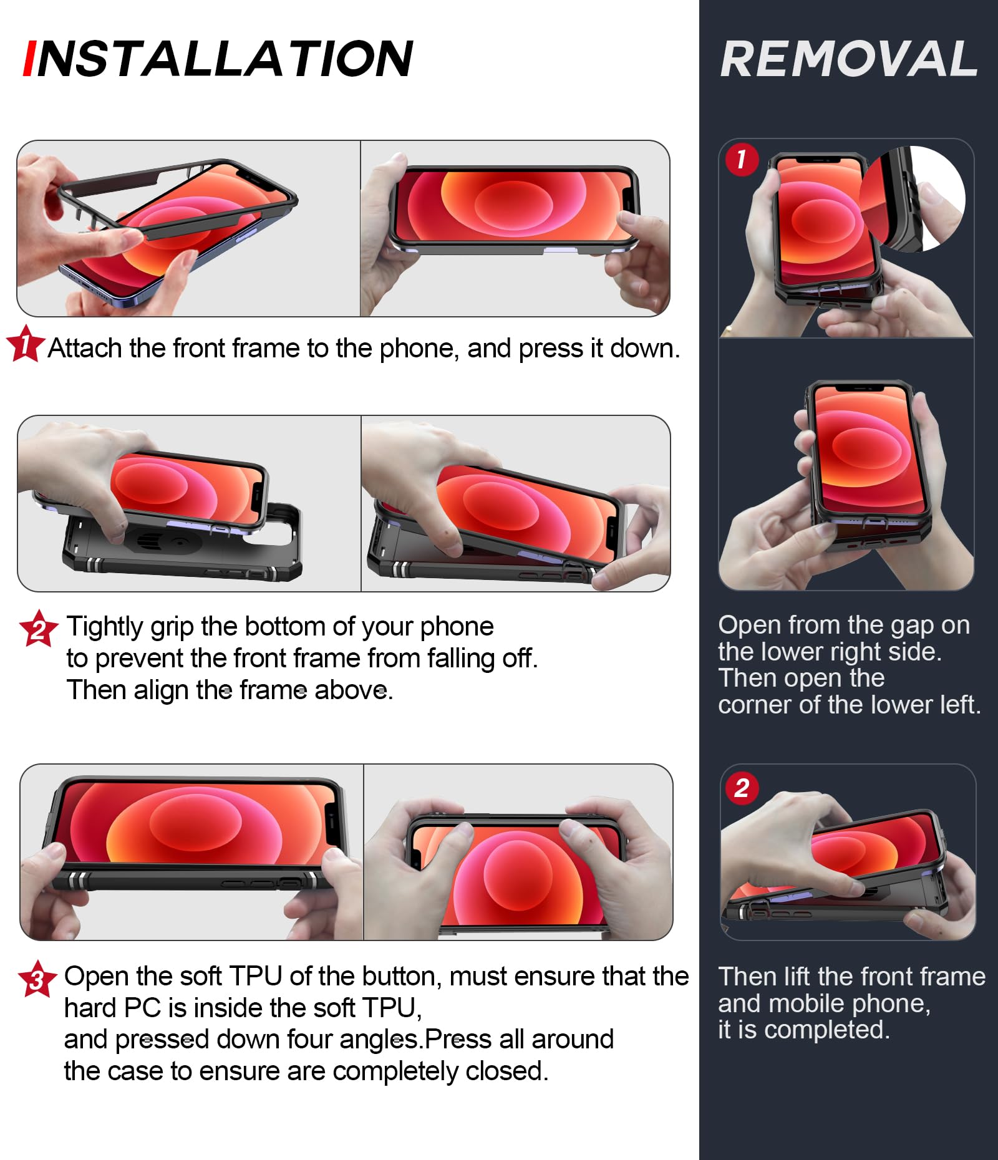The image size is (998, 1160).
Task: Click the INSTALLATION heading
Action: click(x=218, y=59)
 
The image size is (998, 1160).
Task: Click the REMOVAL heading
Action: click(x=849, y=59)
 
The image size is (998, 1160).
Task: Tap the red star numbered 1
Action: click(x=26, y=344)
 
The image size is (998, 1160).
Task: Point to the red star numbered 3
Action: click(x=37, y=979)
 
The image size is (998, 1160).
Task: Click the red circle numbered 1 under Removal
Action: click(x=742, y=160)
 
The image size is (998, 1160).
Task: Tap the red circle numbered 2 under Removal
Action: click(x=742, y=788)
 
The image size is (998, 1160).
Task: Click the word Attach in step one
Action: click(x=85, y=348)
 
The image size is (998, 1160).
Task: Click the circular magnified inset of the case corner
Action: click(x=913, y=198)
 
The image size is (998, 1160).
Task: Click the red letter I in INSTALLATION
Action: click(x=29, y=59)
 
